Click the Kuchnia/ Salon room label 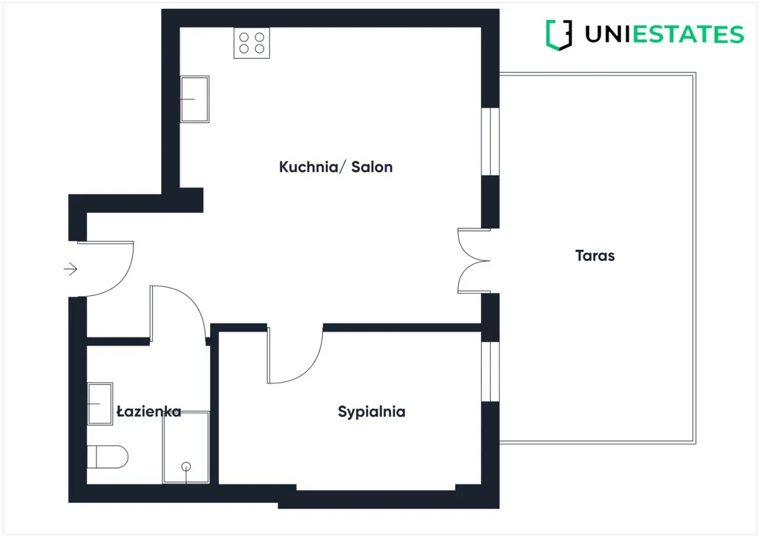(x=335, y=167)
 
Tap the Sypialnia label (x=371, y=412)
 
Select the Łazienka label (x=148, y=412)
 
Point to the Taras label (x=594, y=256)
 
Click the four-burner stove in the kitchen (x=252, y=43)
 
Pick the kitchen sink (x=195, y=99)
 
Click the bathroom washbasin (x=100, y=403)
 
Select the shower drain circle (x=186, y=466)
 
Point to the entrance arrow (x=71, y=268)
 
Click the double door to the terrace (x=474, y=260)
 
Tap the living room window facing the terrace (x=490, y=142)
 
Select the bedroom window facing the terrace (x=490, y=371)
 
